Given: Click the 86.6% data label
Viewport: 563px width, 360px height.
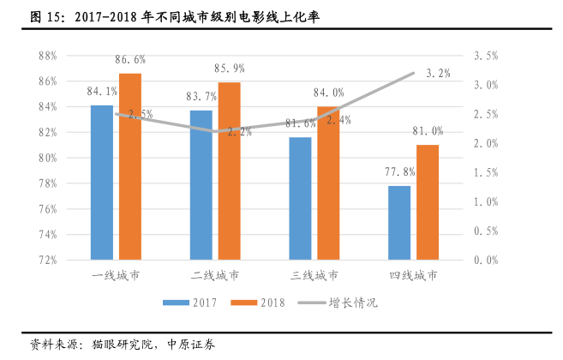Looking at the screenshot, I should (130, 60).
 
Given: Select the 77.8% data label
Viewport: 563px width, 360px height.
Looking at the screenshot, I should (399, 171).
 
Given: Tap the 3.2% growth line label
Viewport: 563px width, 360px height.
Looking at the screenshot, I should (438, 74).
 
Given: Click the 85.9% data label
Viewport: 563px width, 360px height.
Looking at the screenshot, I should (229, 68).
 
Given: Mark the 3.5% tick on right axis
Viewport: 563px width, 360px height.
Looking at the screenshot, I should (485, 56).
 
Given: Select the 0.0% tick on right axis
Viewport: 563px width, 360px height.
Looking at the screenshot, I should (485, 260).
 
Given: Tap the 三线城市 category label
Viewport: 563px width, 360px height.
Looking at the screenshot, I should (314, 276).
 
